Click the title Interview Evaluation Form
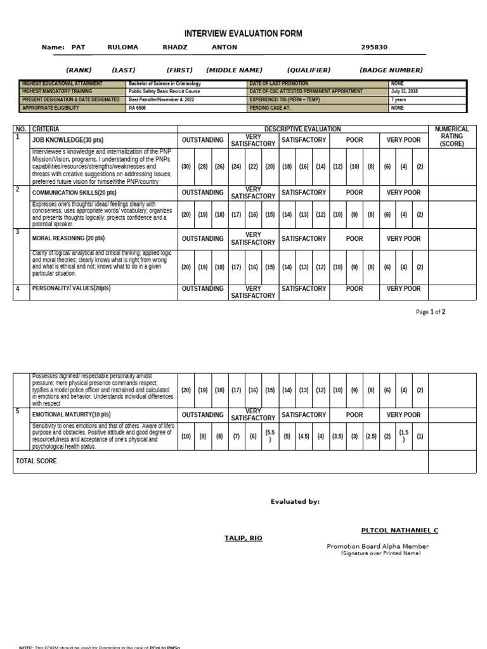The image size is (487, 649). click(x=243, y=34)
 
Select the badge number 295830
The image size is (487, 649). click(x=374, y=48)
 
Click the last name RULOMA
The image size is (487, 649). click(x=122, y=48)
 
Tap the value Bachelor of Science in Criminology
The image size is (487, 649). click(x=164, y=84)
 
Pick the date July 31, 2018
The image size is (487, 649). click(x=405, y=91)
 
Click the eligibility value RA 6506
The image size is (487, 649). click(x=137, y=108)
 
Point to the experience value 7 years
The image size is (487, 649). click(x=399, y=100)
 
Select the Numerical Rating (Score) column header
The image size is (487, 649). click(x=451, y=136)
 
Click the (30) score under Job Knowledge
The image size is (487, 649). click(x=186, y=167)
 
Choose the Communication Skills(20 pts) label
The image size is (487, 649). click(x=74, y=193)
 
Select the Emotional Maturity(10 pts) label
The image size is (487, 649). click(x=71, y=415)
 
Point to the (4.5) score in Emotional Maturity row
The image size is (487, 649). click(x=304, y=436)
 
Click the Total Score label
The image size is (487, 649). click(x=36, y=461)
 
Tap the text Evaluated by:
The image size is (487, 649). click(x=295, y=502)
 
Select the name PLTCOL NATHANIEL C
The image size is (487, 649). click(x=399, y=530)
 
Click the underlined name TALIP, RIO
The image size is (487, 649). click(x=243, y=538)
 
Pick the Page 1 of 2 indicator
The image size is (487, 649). click(x=431, y=312)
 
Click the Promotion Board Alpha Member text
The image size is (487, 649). click(x=377, y=546)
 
